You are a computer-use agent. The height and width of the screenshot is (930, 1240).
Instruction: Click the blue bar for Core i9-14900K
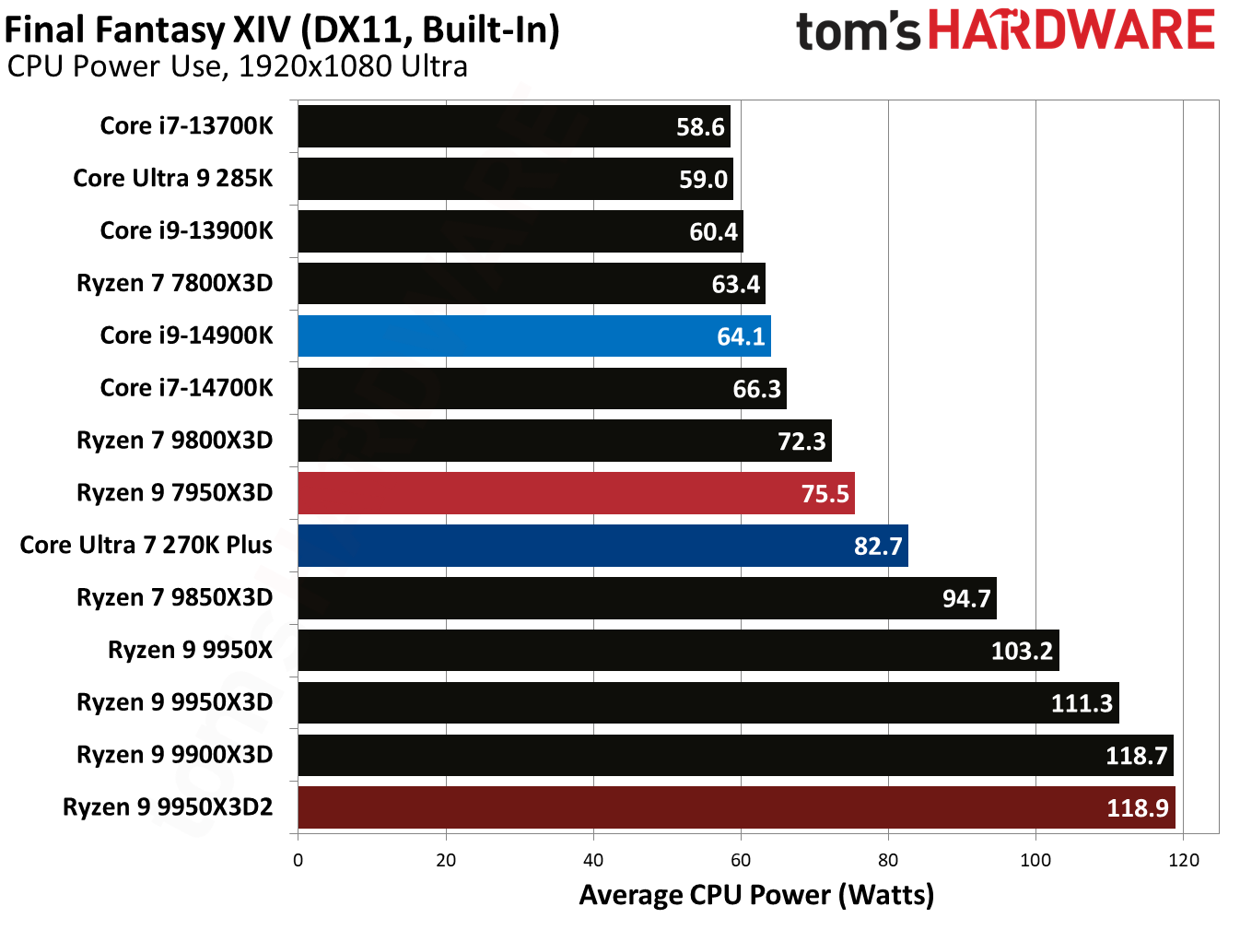click(x=533, y=336)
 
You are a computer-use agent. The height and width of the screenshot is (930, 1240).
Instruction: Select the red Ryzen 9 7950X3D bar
click(x=576, y=493)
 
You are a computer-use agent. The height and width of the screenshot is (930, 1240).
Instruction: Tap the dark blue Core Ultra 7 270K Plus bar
click(x=602, y=546)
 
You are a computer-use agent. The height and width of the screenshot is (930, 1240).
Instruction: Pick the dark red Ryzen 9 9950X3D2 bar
click(x=736, y=807)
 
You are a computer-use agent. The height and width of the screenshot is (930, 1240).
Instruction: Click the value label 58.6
click(x=700, y=127)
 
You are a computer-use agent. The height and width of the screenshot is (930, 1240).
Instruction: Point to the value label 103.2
click(x=1021, y=651)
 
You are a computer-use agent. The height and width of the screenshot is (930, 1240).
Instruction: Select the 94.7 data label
click(x=965, y=599)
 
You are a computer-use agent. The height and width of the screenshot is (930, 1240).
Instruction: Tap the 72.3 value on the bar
click(x=801, y=441)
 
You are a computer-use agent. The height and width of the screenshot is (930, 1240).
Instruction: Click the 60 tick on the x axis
click(x=741, y=860)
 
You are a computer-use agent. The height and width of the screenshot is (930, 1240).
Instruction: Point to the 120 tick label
click(x=1183, y=860)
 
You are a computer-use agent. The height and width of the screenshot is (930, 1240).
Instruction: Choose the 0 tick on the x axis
click(x=298, y=860)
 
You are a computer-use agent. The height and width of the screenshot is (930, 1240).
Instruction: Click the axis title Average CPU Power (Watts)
click(x=756, y=895)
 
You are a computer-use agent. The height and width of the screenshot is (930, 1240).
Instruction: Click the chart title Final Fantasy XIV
click(x=282, y=29)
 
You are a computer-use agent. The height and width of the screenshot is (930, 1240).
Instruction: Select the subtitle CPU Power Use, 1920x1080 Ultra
click(x=238, y=67)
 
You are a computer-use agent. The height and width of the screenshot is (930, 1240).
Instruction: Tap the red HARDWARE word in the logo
click(x=1071, y=29)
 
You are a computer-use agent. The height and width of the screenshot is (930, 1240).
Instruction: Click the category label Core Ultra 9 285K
click(x=173, y=178)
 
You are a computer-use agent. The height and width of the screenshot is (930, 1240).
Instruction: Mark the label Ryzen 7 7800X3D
click(x=174, y=283)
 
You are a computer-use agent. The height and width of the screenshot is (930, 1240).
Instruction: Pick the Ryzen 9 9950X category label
click(x=190, y=650)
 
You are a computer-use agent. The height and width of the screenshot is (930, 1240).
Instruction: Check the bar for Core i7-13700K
click(x=513, y=126)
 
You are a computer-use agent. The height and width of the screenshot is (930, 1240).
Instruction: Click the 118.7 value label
click(x=1136, y=756)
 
